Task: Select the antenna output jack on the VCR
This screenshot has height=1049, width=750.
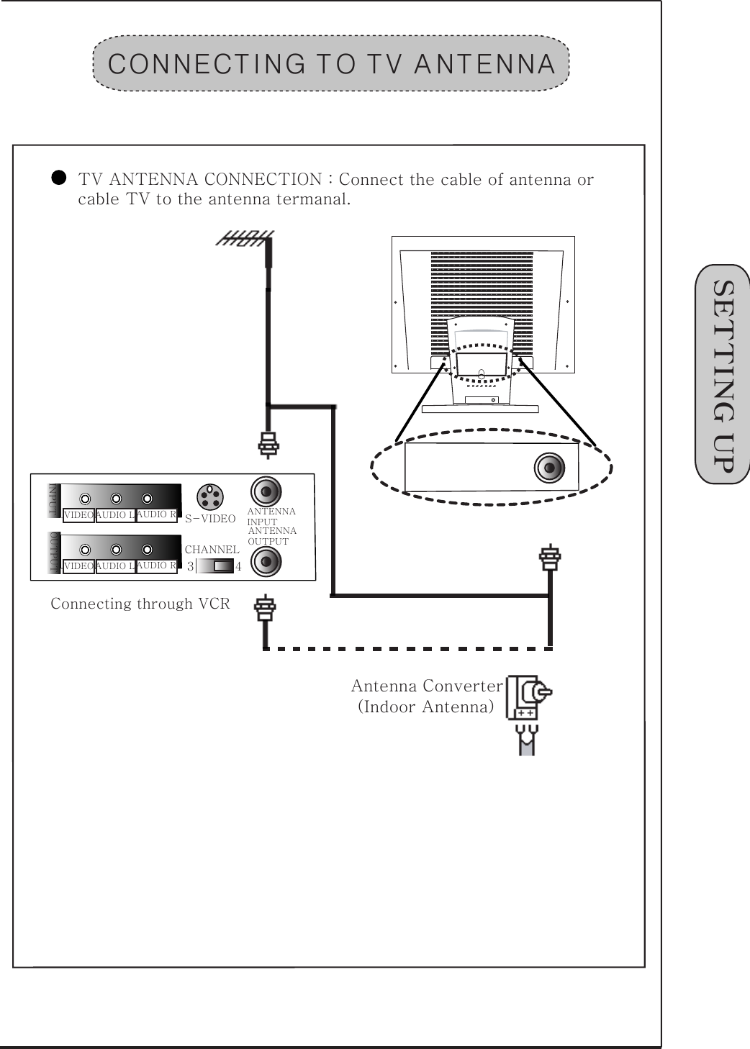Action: [266, 561]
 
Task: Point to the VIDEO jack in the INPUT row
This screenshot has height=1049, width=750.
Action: [86, 499]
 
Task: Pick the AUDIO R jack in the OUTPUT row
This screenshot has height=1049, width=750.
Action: [147, 550]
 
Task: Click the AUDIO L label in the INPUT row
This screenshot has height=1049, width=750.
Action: [115, 515]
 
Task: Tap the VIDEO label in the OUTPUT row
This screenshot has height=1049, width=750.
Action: [78, 566]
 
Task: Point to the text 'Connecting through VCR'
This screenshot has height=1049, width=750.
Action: [140, 604]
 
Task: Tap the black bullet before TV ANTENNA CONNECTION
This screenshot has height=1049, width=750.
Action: [60, 177]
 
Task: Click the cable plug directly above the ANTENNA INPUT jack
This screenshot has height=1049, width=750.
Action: [267, 445]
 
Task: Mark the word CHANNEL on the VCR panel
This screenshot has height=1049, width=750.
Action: [212, 550]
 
